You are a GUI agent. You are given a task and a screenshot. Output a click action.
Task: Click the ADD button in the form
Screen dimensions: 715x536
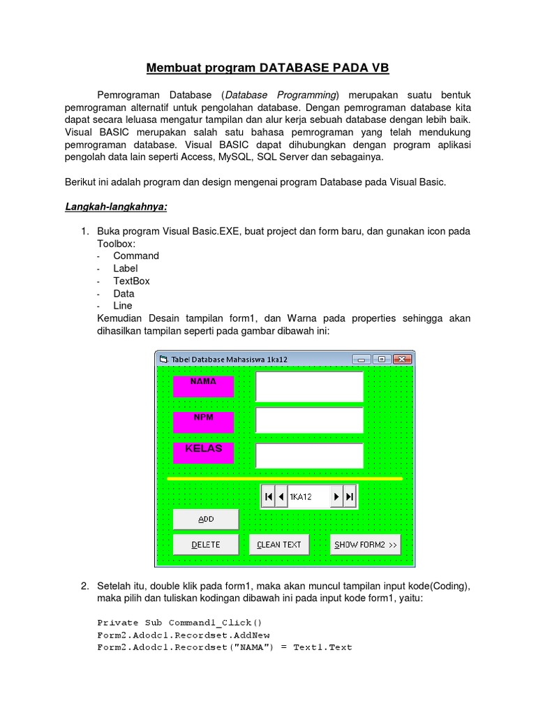pos(206,519)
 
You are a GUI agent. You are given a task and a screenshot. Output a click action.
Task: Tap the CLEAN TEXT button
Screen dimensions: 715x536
pos(279,545)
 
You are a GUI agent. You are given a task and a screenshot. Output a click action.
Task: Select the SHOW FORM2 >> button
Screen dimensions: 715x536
pos(366,545)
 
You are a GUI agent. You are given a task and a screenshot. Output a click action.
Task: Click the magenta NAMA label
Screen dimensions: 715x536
pos(203,386)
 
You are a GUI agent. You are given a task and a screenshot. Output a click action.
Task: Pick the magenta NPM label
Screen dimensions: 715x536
pos(203,422)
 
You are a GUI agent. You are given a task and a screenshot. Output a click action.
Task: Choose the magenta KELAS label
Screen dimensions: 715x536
pos(203,452)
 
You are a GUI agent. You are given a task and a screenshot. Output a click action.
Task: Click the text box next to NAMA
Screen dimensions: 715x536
pos(309,387)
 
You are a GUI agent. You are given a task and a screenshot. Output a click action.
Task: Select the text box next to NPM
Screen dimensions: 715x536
pos(309,420)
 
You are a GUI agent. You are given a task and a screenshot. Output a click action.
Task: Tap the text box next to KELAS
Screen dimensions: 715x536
pos(309,456)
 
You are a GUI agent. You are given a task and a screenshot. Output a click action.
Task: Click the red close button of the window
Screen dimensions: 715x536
pos(402,359)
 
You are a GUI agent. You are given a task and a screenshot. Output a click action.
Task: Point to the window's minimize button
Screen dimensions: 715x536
pos(362,359)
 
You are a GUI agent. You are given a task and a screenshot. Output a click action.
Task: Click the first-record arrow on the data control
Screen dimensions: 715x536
pos(268,496)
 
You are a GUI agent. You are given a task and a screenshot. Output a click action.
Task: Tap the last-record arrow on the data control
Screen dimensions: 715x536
pos(350,496)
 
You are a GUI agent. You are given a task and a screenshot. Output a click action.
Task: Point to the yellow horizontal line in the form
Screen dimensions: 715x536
pos(285,479)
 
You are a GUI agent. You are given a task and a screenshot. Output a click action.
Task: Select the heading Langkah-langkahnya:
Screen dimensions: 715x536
pos(117,207)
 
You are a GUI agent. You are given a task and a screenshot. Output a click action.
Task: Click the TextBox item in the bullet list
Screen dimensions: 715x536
pos(131,281)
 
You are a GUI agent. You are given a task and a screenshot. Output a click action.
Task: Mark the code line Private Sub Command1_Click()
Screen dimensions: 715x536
pos(179,622)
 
